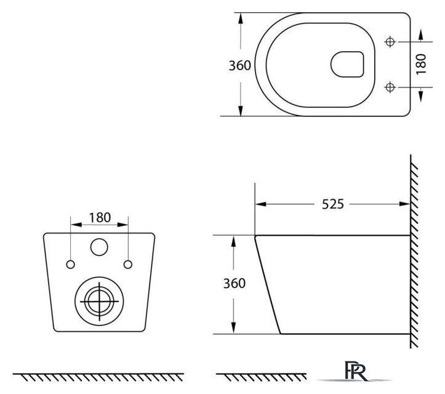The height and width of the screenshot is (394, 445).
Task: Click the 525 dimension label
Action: pyautogui.click(x=332, y=204)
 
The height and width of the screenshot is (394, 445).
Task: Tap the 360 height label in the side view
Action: pyautogui.click(x=234, y=283)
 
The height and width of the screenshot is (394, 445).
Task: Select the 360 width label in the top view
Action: pyautogui.click(x=240, y=66)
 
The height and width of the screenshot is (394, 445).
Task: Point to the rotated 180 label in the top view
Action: pyautogui.click(x=421, y=65)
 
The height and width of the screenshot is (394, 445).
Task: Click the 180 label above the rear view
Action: pyautogui.click(x=100, y=218)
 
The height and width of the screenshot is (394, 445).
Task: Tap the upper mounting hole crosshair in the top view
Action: pyautogui.click(x=390, y=42)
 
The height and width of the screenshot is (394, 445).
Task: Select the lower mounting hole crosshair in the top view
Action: pyautogui.click(x=390, y=87)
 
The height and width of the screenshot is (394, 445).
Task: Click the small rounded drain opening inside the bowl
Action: pyautogui.click(x=347, y=65)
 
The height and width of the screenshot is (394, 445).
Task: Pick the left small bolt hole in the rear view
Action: pyautogui.click(x=70, y=265)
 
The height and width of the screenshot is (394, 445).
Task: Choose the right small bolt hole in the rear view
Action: pyautogui.click(x=128, y=265)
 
